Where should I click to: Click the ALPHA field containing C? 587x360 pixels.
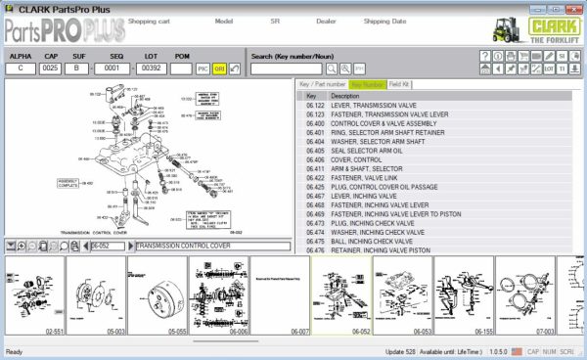click(22, 69)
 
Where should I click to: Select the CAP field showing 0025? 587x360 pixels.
click(50, 69)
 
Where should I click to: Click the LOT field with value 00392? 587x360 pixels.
click(150, 69)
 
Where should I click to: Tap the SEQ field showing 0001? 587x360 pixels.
click(114, 69)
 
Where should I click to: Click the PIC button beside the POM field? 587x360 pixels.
click(203, 69)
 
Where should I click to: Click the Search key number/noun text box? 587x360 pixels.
click(287, 69)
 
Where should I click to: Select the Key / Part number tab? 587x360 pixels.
click(322, 85)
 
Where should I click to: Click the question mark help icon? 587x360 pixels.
click(485, 55)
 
